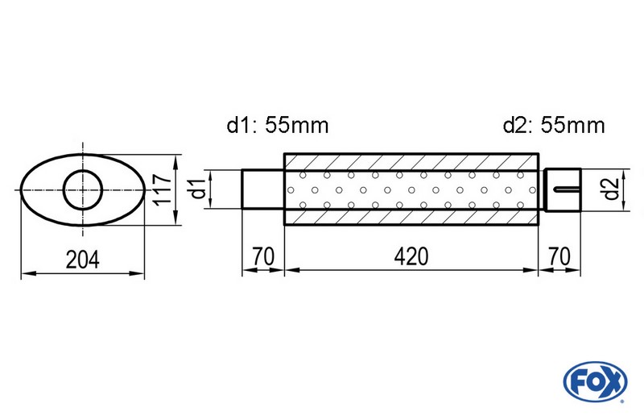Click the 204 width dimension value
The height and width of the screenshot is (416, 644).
pyautogui.click(x=82, y=260)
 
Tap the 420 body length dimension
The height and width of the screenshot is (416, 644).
pyautogui.click(x=411, y=257)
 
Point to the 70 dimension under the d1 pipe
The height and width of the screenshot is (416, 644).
pyautogui.click(x=262, y=257)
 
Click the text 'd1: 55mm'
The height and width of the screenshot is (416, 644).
pyautogui.click(x=277, y=125)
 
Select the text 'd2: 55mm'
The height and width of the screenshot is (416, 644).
pyautogui.click(x=554, y=125)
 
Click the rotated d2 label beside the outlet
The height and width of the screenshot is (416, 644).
pyautogui.click(x=611, y=190)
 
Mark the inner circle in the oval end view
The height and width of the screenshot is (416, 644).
pyautogui.click(x=83, y=190)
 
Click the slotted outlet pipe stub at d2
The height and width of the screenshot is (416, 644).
pyautogui.click(x=562, y=190)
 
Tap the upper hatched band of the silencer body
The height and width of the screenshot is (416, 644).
pyautogui.click(x=411, y=161)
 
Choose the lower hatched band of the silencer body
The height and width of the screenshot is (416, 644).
pyautogui.click(x=411, y=218)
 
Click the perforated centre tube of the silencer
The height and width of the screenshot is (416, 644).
pyautogui.click(x=411, y=190)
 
